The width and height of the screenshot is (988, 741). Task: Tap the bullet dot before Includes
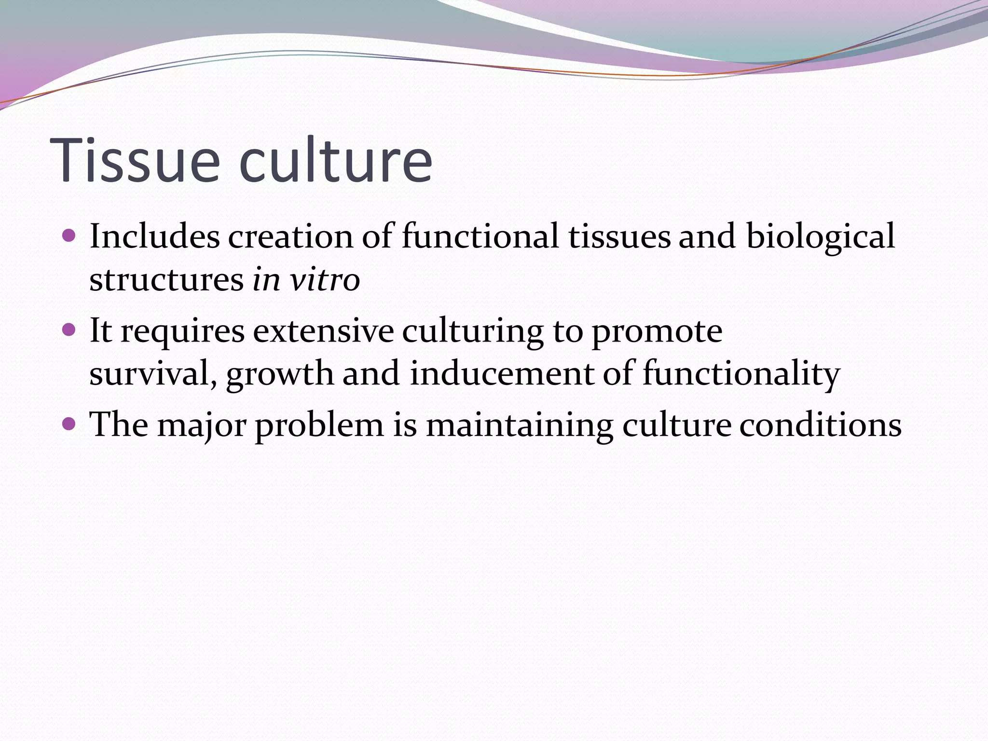click(x=69, y=235)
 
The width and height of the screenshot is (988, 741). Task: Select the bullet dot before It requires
click(x=69, y=330)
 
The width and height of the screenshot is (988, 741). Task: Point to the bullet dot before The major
click(x=69, y=424)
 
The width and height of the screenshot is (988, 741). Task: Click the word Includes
click(x=154, y=236)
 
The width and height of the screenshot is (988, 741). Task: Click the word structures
click(x=166, y=280)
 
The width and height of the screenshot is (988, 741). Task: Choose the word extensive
click(x=323, y=331)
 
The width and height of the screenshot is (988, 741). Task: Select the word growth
click(x=280, y=374)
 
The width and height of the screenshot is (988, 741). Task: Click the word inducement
click(x=502, y=373)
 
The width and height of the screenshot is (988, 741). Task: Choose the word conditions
click(x=820, y=425)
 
